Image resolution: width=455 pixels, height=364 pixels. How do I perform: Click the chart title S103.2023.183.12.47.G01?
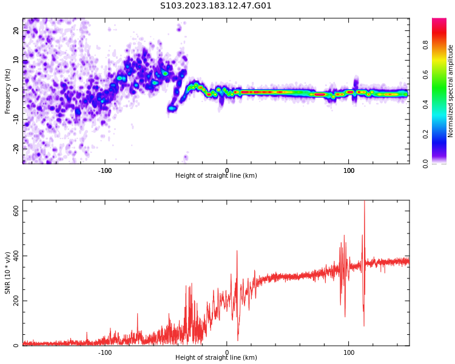(216, 6)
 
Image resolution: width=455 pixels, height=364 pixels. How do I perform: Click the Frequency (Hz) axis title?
(8, 91)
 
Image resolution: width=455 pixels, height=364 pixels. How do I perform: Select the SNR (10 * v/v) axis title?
(8, 273)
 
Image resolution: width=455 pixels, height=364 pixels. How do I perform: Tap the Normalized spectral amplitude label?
(451, 91)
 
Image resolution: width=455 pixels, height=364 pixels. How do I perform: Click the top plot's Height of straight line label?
(216, 176)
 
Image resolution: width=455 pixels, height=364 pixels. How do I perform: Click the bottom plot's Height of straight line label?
(216, 358)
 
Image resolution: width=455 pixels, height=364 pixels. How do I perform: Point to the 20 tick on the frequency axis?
(16, 31)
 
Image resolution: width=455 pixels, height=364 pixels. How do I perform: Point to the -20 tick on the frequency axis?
(16, 148)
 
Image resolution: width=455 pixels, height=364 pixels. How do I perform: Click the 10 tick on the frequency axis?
(16, 60)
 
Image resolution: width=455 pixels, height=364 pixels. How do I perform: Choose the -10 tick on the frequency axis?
(16, 119)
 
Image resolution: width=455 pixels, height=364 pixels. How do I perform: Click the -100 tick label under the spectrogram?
(105, 170)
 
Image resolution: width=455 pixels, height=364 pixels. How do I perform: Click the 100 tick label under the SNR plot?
(349, 352)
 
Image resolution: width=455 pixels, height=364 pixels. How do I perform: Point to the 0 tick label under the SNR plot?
(227, 352)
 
